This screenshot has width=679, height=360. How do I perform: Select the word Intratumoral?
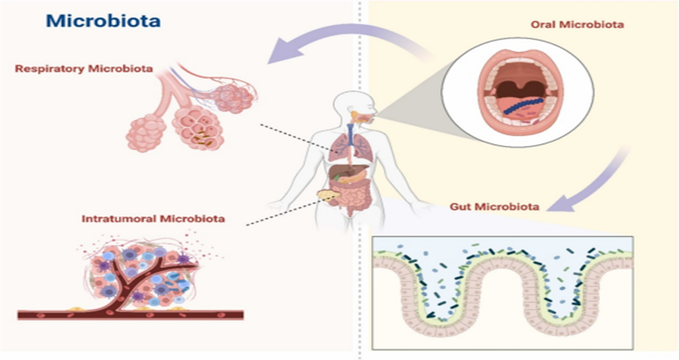pos(114,219)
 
